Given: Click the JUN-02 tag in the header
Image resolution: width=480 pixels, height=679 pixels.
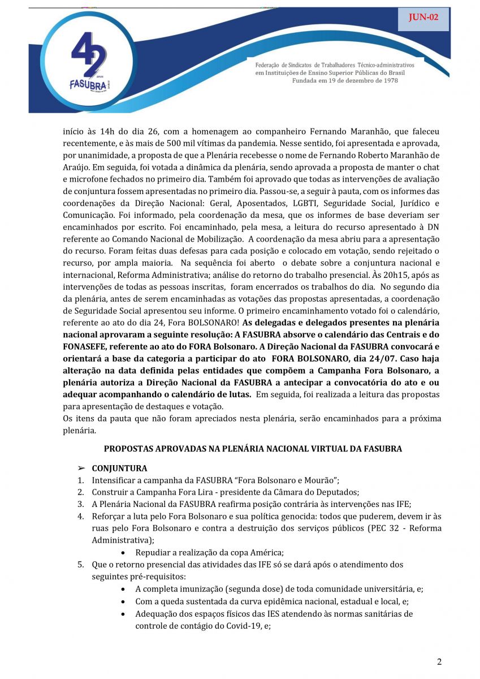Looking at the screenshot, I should pos(423,18).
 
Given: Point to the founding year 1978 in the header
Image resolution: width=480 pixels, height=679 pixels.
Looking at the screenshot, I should pos(388,81).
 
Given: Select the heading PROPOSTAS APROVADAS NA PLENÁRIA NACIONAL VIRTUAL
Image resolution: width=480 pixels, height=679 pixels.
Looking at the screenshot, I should pos(253,449).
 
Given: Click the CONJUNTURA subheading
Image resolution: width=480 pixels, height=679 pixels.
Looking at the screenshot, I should pos(119,469).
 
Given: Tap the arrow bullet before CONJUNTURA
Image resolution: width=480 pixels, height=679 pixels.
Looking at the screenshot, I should pos(81,469).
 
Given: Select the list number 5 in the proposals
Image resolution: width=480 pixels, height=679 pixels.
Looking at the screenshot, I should pos(81,564).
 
